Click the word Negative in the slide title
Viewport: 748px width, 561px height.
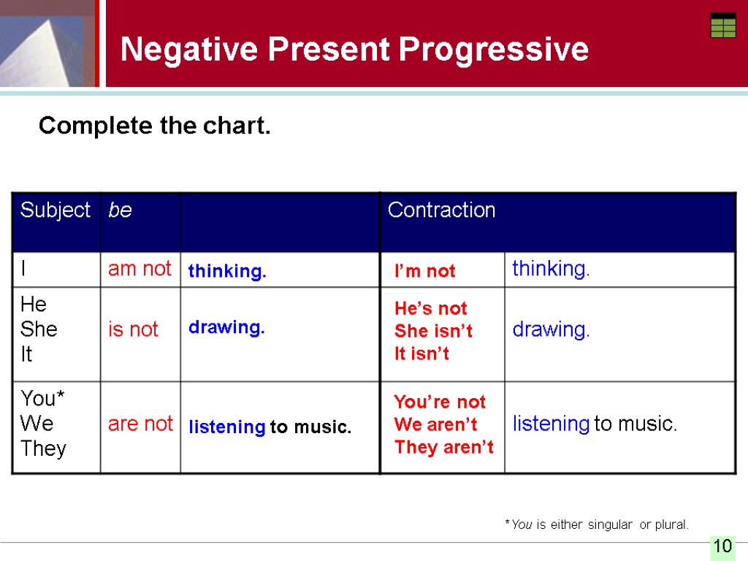pyautogui.click(x=189, y=49)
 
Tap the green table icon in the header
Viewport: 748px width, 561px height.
pyautogui.click(x=723, y=26)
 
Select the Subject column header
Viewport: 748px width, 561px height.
pyautogui.click(x=56, y=210)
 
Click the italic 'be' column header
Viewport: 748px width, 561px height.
pyautogui.click(x=120, y=210)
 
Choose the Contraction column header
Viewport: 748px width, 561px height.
pyautogui.click(x=441, y=210)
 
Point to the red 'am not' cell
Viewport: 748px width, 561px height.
pyautogui.click(x=140, y=269)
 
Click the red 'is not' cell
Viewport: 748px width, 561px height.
pyautogui.click(x=133, y=329)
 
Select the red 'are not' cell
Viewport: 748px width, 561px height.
pyautogui.click(x=140, y=424)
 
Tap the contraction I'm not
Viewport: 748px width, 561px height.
pyautogui.click(x=424, y=271)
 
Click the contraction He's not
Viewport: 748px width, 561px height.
pyautogui.click(x=431, y=308)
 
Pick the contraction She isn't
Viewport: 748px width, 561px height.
pyautogui.click(x=433, y=331)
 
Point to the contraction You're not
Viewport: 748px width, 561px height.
pyautogui.click(x=439, y=402)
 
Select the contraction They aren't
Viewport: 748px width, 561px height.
pyautogui.click(x=443, y=447)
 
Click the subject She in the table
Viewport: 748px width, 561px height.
pyautogui.click(x=39, y=329)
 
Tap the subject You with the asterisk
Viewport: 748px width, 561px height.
pyautogui.click(x=42, y=398)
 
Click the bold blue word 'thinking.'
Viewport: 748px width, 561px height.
pyautogui.click(x=227, y=271)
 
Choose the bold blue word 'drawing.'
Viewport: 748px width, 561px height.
pyautogui.click(x=226, y=327)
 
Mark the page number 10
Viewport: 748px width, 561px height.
pyautogui.click(x=722, y=546)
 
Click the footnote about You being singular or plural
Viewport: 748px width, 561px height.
pyautogui.click(x=597, y=524)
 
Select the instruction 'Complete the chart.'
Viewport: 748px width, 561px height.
pyautogui.click(x=155, y=126)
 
